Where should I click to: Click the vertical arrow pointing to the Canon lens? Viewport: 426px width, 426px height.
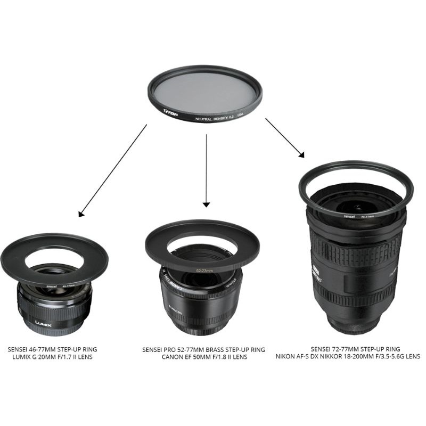206,170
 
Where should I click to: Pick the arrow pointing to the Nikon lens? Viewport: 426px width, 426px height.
285,137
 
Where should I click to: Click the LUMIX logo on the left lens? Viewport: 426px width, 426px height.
47,322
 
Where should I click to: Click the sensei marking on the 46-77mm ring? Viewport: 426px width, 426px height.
52,286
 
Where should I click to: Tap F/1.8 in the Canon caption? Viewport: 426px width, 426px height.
218,357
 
